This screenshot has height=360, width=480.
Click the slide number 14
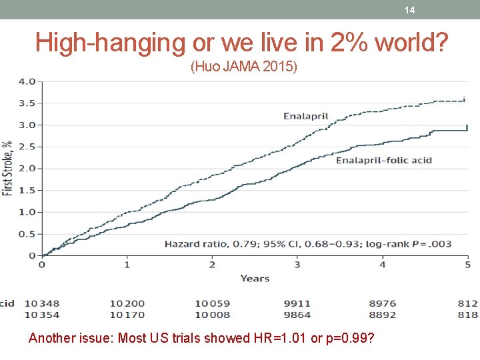pos(409,10)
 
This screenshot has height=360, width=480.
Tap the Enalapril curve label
pos(305,116)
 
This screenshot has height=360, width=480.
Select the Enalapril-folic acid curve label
pos(383,160)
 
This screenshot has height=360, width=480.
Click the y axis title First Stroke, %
pos(8,168)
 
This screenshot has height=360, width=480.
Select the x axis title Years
pos(255,278)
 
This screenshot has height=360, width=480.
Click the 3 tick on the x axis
pos(297,265)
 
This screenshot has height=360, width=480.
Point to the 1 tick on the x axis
pos(127,265)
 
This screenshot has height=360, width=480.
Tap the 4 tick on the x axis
pos(383,265)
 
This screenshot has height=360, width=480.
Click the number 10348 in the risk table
pos(41,303)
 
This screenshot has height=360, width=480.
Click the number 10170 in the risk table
pos(127,315)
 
